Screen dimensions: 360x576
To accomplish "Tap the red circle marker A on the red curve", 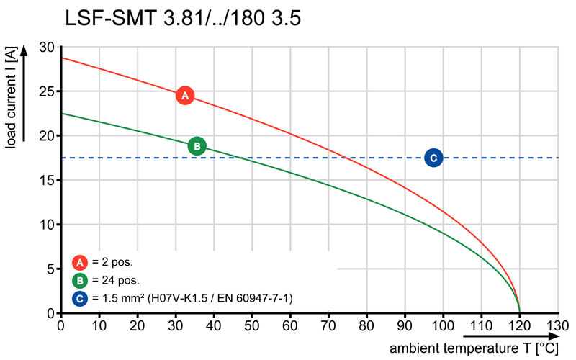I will (x=185, y=95).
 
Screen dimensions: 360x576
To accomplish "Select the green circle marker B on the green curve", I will (x=197, y=146).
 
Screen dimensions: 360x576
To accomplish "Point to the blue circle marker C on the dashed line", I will (x=433, y=158).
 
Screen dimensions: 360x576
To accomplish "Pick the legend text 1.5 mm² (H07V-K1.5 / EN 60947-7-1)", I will (x=192, y=297).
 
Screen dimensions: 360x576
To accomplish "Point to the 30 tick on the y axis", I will (x=47, y=48).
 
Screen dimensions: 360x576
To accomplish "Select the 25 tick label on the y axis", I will (x=47, y=92).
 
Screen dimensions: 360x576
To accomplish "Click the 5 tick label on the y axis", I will (x=50, y=269).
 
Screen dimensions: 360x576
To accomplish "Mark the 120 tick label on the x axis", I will (x=519, y=325).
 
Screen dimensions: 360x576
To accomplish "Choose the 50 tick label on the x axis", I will (x=252, y=325).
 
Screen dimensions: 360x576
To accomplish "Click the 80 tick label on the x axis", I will (x=366, y=325).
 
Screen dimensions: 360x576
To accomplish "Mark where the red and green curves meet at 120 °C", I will (x=519, y=312).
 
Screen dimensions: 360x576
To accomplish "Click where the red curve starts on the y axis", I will (x=60, y=58).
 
